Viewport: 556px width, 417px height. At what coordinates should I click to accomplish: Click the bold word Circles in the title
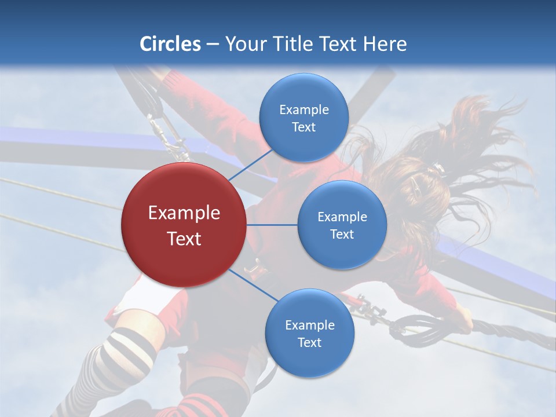(170, 44)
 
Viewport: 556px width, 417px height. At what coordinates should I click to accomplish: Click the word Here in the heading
(385, 44)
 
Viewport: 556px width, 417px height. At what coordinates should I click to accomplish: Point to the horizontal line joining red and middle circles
(272, 225)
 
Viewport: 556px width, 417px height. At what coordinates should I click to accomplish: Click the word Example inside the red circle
(184, 213)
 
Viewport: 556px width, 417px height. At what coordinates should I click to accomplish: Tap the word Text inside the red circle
(184, 239)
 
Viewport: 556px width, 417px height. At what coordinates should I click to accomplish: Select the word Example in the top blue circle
(303, 110)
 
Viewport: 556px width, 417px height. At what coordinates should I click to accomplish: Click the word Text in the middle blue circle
(342, 234)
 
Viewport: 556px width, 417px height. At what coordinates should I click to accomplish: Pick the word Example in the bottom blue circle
(309, 325)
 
